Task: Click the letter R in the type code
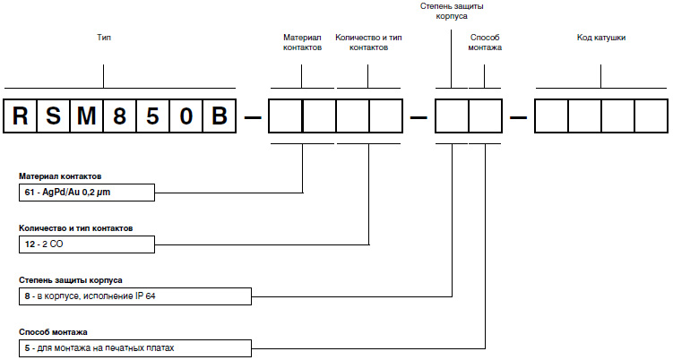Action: coord(21,116)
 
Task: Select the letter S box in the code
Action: coord(55,116)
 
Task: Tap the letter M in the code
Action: coord(88,116)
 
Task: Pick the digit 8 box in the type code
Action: coord(121,116)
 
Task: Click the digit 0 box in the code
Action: coord(187,116)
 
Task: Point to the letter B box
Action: coord(220,116)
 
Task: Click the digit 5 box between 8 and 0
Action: coord(154,116)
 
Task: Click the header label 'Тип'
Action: coord(103,39)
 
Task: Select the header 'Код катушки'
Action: coord(600,39)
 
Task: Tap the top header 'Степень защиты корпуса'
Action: coord(452,11)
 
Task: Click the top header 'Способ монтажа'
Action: coord(485,43)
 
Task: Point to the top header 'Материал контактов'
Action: coord(302,43)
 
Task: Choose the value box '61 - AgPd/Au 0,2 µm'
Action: coord(87,193)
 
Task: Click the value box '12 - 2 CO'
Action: coord(87,244)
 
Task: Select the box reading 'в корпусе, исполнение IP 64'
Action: coord(134,296)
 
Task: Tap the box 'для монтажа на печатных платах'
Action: coord(134,347)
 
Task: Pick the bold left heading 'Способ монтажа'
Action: coord(53,331)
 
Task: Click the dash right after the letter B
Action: coord(253,116)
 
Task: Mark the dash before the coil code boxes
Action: coord(518,116)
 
